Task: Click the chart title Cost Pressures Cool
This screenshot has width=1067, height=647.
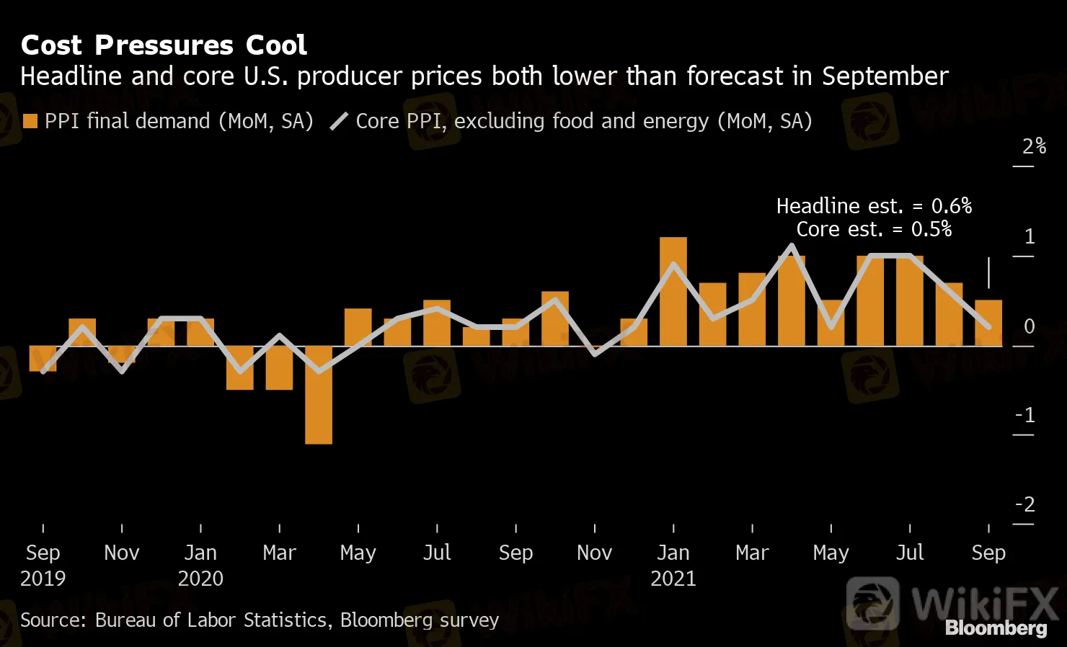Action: point(164,45)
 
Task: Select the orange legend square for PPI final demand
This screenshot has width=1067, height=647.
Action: point(30,121)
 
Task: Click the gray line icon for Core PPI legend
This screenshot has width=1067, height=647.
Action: point(339,121)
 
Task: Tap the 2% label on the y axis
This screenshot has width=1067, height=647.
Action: point(1034,146)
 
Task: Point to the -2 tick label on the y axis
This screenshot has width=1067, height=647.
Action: point(1025,504)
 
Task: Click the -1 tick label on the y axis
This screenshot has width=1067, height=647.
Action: point(1025,415)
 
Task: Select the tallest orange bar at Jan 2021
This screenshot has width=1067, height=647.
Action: point(673,292)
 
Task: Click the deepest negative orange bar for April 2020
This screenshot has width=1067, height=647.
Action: point(319,395)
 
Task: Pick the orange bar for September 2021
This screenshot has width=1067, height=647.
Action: point(988,323)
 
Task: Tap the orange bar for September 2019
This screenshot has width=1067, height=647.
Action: point(43,359)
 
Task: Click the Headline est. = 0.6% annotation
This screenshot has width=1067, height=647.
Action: point(874,206)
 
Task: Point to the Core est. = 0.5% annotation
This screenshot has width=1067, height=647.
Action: point(874,229)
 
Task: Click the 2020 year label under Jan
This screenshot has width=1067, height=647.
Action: point(200,579)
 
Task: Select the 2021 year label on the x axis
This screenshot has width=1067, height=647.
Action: point(673,579)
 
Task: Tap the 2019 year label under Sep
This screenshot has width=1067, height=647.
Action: point(43,579)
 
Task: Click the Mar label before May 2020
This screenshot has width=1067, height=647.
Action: point(279,553)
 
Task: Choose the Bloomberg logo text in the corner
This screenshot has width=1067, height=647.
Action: point(996,628)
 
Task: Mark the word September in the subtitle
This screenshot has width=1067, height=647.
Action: point(885,76)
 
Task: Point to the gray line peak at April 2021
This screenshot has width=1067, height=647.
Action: point(792,246)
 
